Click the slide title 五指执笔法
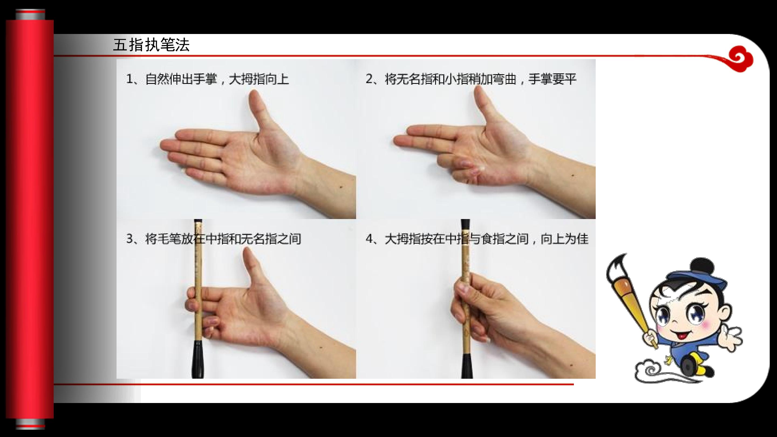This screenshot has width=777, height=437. click(x=151, y=45)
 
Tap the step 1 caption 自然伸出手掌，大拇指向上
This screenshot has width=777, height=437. click(x=207, y=79)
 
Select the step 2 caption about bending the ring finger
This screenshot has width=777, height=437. click(x=471, y=79)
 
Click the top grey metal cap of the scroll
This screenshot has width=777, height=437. click(x=30, y=15)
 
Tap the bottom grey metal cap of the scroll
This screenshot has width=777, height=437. click(x=30, y=424)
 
